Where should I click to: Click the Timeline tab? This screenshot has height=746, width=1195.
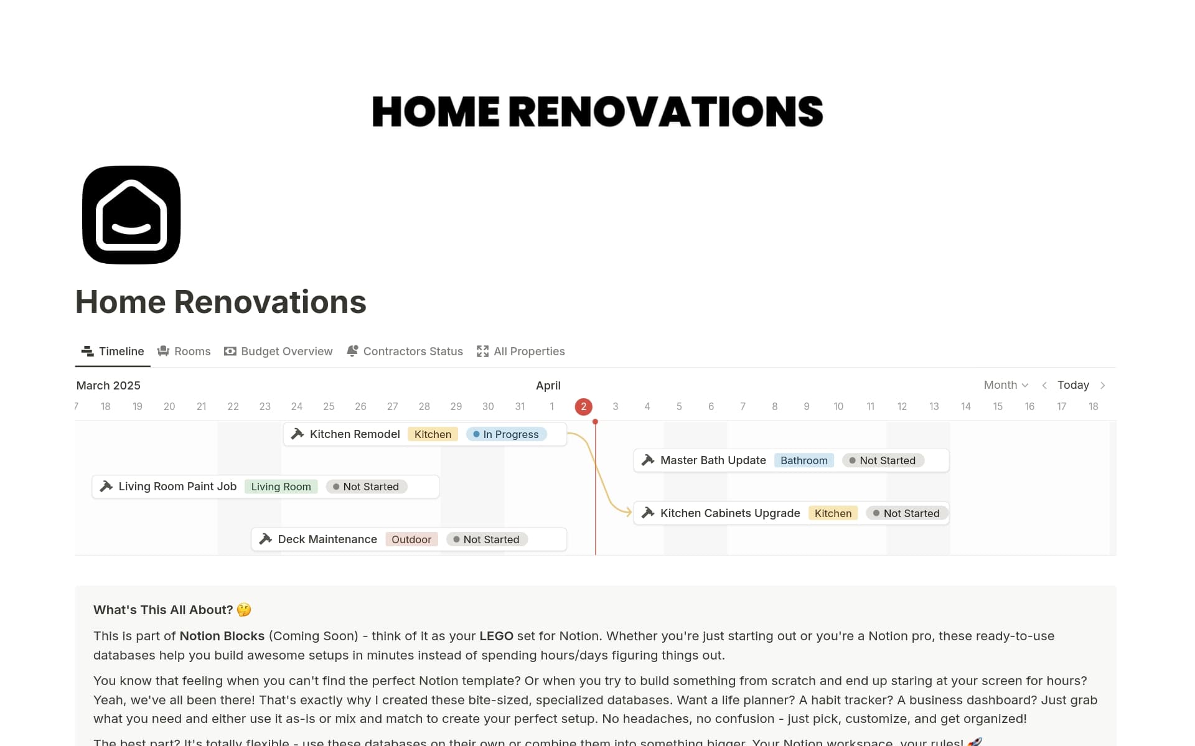point(113,352)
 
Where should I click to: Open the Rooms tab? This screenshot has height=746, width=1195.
point(184,352)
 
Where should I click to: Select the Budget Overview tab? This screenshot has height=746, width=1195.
point(278,352)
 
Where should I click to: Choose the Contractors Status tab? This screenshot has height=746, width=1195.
point(405,352)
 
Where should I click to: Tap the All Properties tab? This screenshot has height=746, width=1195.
point(521,352)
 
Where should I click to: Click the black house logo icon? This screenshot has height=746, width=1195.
point(131,215)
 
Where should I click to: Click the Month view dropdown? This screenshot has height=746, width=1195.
point(1005,385)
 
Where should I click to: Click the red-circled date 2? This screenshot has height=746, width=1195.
point(583,407)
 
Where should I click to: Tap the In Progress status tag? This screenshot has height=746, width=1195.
point(506,434)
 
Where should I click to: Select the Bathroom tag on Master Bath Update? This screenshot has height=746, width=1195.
point(804,460)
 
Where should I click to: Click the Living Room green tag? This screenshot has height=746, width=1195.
point(281,487)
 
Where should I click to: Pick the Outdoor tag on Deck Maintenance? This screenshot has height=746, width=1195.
point(411,539)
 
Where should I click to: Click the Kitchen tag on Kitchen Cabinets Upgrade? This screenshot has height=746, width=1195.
point(833,513)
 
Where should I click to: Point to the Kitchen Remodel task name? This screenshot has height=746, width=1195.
point(355,434)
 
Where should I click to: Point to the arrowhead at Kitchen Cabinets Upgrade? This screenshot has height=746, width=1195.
point(629,513)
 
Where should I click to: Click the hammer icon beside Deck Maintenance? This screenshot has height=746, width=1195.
point(266,539)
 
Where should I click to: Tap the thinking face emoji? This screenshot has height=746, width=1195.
point(244,610)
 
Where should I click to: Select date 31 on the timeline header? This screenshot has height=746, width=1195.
point(520,406)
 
